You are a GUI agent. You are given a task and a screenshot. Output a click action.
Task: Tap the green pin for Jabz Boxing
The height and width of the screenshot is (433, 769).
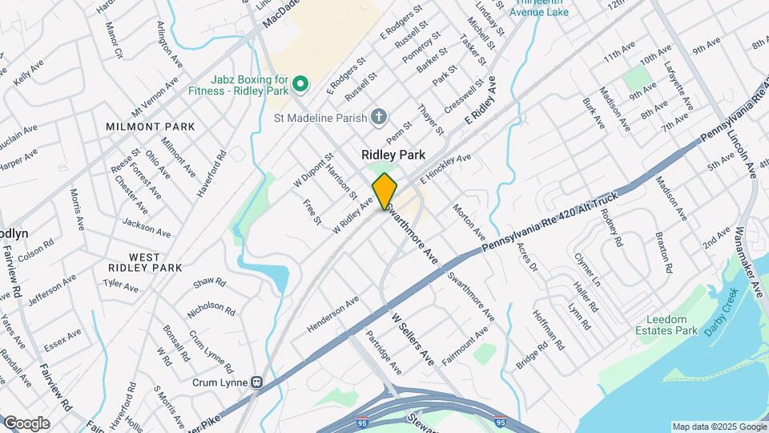coord(300,83)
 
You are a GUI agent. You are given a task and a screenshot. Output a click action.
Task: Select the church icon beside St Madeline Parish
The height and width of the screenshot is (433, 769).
coord(380,118)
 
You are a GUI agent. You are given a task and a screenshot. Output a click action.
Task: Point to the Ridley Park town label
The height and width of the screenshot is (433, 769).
coord(393,155)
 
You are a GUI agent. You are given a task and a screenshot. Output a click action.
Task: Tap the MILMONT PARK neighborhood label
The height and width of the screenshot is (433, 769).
coord(150,127)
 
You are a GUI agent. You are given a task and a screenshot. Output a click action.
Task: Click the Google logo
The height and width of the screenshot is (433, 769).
coord(26,423)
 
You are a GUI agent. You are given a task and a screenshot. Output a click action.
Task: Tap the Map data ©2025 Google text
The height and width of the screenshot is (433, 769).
coord(718,427)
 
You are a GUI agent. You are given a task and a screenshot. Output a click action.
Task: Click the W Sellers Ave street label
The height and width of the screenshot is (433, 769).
coord(412,340)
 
